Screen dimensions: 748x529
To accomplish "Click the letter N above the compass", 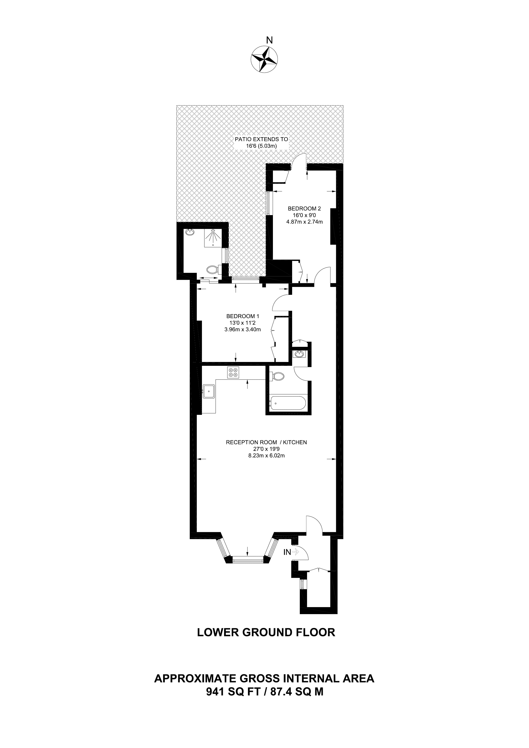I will click(269, 40).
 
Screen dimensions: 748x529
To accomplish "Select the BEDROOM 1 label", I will click(243, 316).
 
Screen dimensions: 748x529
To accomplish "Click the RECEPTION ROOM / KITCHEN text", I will click(266, 442).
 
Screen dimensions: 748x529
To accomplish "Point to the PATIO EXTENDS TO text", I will click(261, 139).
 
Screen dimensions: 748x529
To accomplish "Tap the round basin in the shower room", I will click(189, 233).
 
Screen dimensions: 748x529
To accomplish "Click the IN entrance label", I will click(287, 552).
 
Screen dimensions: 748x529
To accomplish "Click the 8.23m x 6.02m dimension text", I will click(266, 455).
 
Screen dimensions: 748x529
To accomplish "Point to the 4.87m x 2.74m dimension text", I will click(304, 222).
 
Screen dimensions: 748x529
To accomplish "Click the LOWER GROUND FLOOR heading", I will click(266, 632).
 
